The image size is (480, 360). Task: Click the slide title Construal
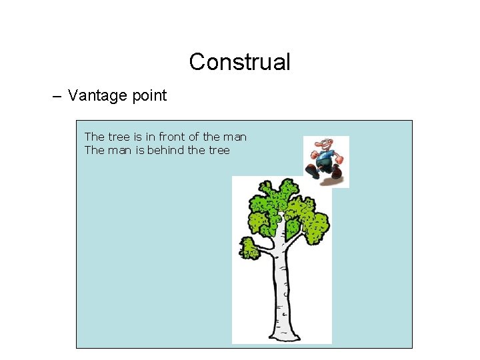pyautogui.click(x=239, y=62)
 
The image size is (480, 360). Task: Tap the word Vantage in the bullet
pyautogui.click(x=95, y=95)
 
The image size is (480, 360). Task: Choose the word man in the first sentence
pyautogui.click(x=235, y=137)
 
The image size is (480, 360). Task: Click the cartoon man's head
pyautogui.click(x=323, y=145)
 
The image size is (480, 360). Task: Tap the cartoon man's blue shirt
pyautogui.click(x=325, y=159)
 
